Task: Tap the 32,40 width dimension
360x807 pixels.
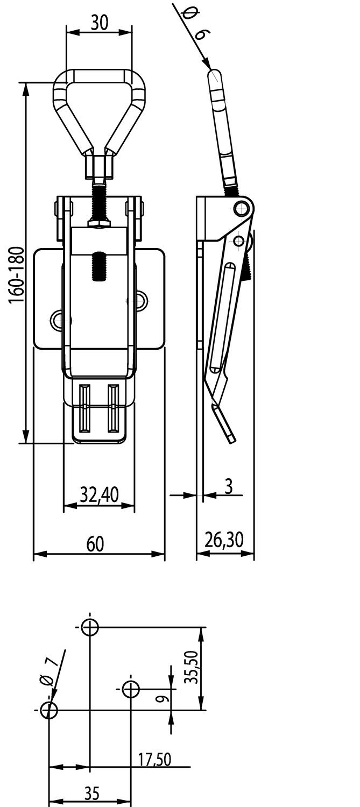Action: [99, 494]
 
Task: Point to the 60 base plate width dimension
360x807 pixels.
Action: [95, 544]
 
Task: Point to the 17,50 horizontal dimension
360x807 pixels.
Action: [154, 759]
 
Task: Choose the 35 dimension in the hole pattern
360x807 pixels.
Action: [92, 794]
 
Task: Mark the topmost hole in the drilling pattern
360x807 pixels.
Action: [90, 627]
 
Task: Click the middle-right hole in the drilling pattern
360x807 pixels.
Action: [131, 689]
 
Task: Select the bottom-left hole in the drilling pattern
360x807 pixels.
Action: [49, 710]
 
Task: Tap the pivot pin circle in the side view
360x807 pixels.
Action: [242, 207]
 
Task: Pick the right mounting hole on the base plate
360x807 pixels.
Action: [140, 301]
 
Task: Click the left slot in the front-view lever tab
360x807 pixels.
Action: [84, 408]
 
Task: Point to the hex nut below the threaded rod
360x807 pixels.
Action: [99, 223]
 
